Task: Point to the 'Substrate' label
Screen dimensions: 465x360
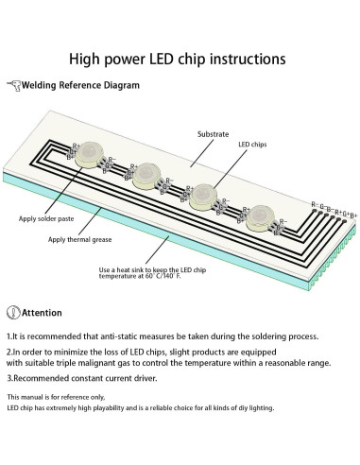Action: (213, 135)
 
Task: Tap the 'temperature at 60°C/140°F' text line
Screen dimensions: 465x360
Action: (150, 279)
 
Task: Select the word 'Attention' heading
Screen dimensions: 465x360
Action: (43, 313)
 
